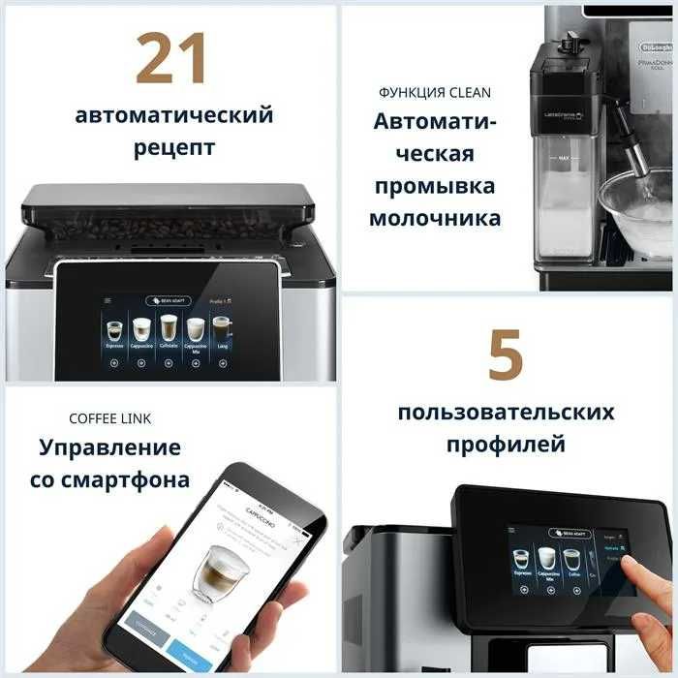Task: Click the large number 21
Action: (x=172, y=58)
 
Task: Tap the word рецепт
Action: (x=174, y=148)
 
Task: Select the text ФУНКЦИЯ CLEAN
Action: (x=435, y=93)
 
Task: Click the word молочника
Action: (x=435, y=218)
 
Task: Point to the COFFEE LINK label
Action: (x=109, y=418)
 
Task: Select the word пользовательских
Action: (x=505, y=413)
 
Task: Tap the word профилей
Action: (x=505, y=446)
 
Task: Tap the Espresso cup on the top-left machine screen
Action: (x=114, y=329)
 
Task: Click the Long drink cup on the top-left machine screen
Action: (x=222, y=326)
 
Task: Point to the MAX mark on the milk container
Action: (x=561, y=155)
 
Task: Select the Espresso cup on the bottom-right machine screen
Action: (x=520, y=559)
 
